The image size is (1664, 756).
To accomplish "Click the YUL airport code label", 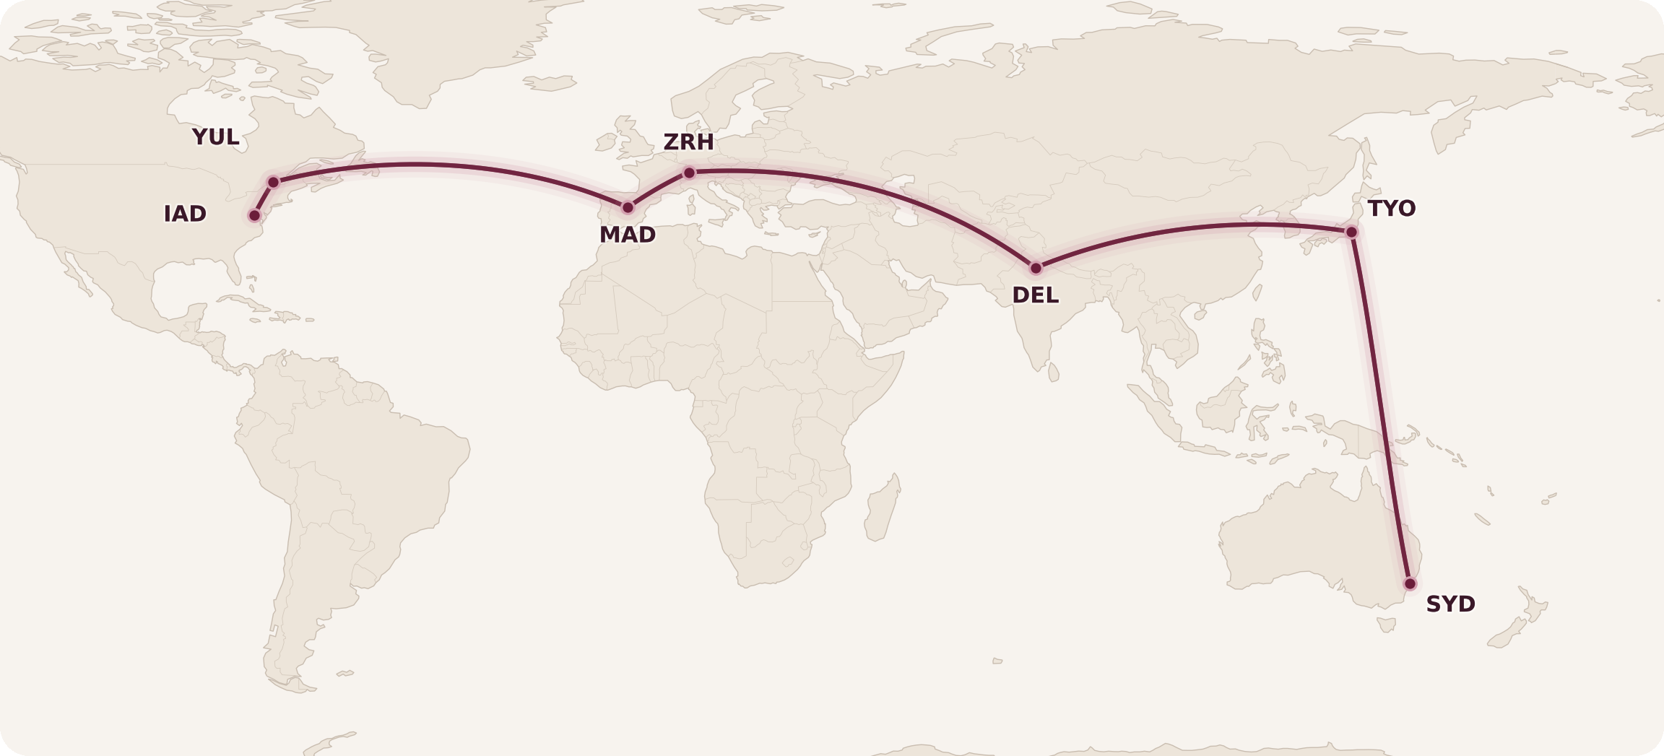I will [x=215, y=136].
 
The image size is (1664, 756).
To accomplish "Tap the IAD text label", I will [x=185, y=214].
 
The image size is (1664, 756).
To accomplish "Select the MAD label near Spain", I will [x=627, y=235].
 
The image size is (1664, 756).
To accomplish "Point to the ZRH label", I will [x=688, y=142].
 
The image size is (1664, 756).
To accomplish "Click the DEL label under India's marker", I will [x=1035, y=295].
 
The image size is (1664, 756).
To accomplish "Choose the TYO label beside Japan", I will [x=1391, y=209].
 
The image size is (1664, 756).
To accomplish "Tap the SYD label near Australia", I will [x=1450, y=604].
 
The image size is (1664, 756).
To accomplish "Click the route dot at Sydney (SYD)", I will [x=1410, y=583].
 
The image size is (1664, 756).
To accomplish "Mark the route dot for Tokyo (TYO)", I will [x=1351, y=232].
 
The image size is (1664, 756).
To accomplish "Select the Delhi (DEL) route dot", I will [x=1036, y=268].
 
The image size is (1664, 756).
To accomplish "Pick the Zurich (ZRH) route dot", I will [x=689, y=173].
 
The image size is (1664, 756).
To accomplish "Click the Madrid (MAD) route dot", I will [x=628, y=207].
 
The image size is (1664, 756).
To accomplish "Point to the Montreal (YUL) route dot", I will [x=273, y=182].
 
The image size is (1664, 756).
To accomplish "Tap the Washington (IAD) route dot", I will [x=254, y=215].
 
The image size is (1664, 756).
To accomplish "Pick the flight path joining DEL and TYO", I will [x=1192, y=228].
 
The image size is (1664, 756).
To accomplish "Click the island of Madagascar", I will [x=883, y=509].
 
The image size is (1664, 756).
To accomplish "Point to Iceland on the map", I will [x=550, y=83].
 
